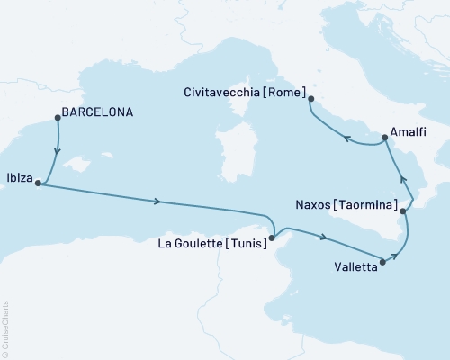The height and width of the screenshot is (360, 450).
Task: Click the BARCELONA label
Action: pos(100,113)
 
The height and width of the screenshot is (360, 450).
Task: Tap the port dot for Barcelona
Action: pos(57,115)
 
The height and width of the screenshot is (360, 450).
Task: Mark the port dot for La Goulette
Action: pos(271,238)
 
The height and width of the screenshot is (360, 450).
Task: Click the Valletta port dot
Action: pos(384,263)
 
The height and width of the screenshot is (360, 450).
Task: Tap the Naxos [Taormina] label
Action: pos(346,205)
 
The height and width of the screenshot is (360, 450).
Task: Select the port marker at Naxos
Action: pos(404,211)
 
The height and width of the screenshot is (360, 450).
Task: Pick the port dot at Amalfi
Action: pos(384,138)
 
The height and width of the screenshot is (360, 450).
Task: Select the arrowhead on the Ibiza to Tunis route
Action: pos(158,202)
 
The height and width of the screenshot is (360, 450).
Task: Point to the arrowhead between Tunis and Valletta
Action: pos(321,238)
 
